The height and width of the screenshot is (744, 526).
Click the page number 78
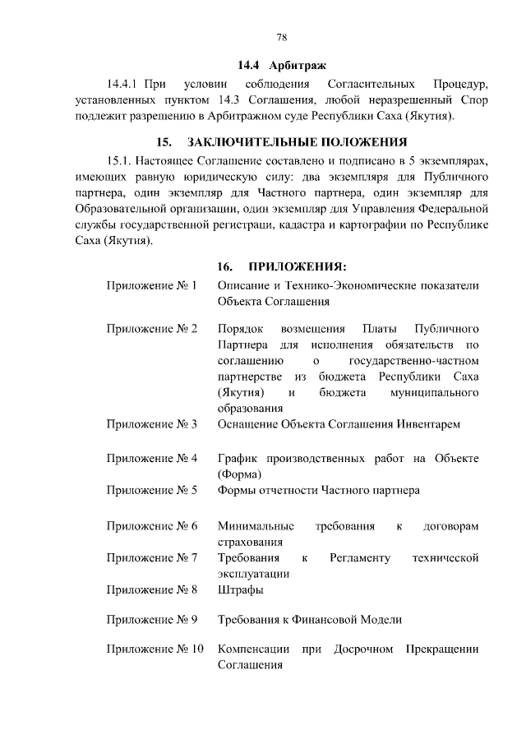[x=281, y=37]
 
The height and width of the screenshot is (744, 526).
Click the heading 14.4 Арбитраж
[x=281, y=64]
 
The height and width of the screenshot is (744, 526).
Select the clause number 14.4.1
[x=125, y=84]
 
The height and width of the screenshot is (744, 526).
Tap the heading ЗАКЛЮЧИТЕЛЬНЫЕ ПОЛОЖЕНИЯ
[x=298, y=141]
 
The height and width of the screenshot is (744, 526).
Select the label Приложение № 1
[x=152, y=286]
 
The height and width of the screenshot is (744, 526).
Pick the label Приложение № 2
[x=152, y=329]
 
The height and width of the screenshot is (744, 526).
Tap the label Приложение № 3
[x=152, y=424]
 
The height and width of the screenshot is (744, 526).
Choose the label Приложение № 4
[x=152, y=458]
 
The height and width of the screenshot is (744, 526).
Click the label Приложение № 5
[x=152, y=490]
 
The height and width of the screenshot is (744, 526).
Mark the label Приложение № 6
[x=152, y=525]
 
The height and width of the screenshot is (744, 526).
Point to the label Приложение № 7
[x=152, y=558]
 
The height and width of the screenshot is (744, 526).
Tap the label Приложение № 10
[x=155, y=649]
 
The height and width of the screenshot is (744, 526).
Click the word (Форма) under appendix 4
[x=239, y=474]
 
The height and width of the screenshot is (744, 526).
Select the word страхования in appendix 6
[x=250, y=542]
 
